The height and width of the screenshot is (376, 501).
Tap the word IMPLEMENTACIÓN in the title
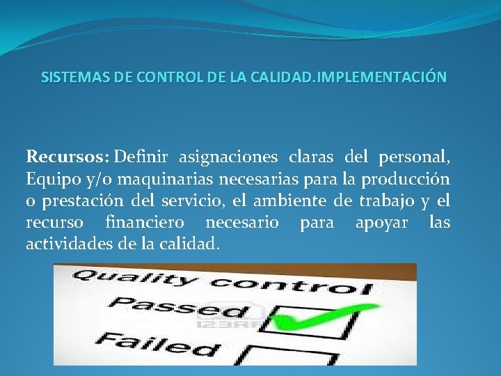point(381,77)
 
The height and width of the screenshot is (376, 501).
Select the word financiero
point(145,223)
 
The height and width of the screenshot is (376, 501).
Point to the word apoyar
point(381,223)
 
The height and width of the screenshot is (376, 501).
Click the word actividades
point(66,244)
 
